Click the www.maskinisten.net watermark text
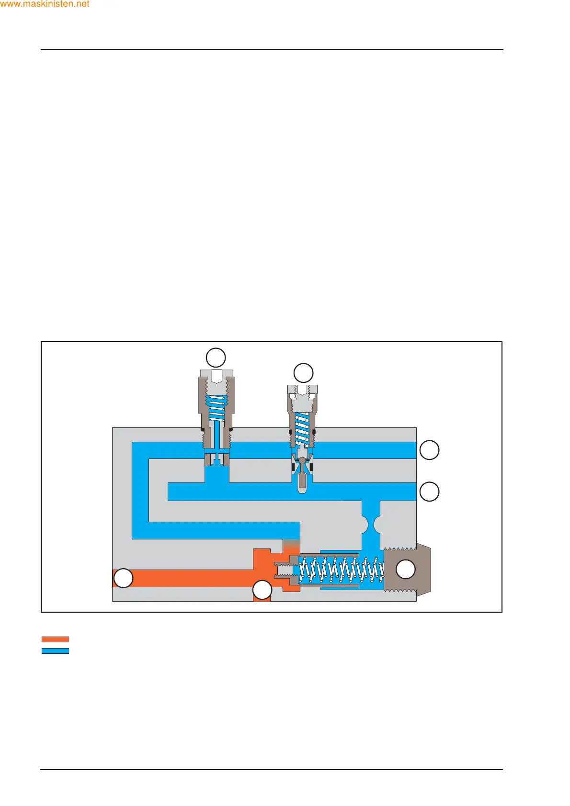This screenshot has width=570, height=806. [x=45, y=4]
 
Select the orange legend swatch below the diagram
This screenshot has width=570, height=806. [x=55, y=639]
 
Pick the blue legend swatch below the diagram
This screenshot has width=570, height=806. [x=55, y=651]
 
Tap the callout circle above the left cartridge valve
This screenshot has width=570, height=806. [x=216, y=358]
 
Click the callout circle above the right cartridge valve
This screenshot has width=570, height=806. [x=303, y=373]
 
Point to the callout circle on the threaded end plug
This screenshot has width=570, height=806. [x=406, y=569]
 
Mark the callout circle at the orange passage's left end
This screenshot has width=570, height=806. [x=123, y=578]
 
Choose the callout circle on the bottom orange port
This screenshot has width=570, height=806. [x=262, y=590]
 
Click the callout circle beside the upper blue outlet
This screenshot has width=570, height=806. [x=429, y=450]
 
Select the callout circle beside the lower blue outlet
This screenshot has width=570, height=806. [x=429, y=492]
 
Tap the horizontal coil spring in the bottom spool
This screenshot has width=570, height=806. [x=341, y=570]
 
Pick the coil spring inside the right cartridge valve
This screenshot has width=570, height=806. [x=302, y=428]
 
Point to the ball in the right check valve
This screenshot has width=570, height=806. [x=302, y=460]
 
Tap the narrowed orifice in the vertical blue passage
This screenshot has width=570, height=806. [x=371, y=525]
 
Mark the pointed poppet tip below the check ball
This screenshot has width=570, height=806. [x=302, y=483]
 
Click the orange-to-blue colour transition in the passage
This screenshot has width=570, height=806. [x=291, y=546]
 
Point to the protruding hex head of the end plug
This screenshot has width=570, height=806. [x=424, y=569]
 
